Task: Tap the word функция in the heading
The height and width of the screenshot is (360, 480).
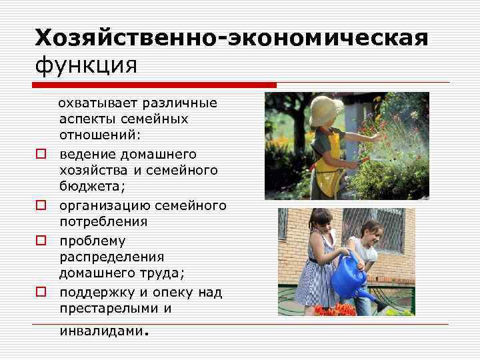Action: pyautogui.click(x=86, y=67)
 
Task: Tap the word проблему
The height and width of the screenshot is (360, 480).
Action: pyautogui.click(x=92, y=240)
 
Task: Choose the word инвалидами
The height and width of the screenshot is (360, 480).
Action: pyautogui.click(x=101, y=331)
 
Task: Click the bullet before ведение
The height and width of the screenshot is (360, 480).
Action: pyautogui.click(x=41, y=154)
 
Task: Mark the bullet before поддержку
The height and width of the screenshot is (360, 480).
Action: pyautogui.click(x=41, y=292)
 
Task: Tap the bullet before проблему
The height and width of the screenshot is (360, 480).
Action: pyautogui.click(x=41, y=240)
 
